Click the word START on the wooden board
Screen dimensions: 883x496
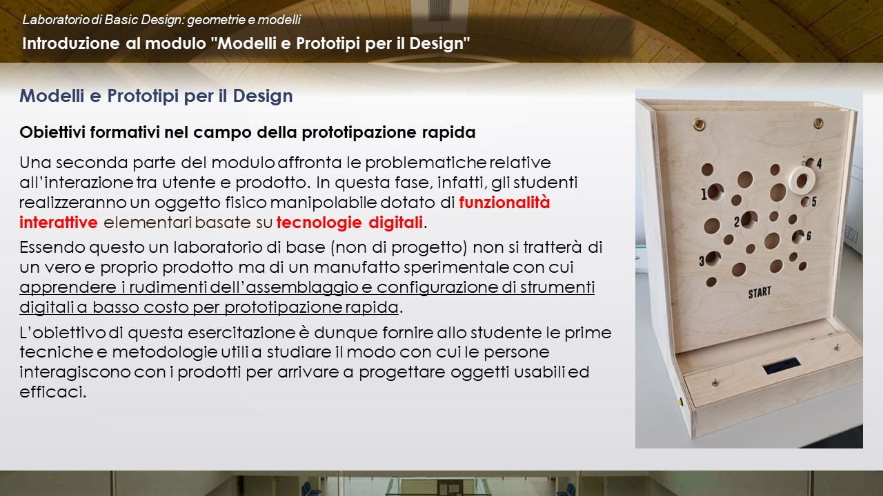click(760, 293)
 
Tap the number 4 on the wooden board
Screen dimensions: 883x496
click(819, 163)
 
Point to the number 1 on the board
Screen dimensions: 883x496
click(704, 194)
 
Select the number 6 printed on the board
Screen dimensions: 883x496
click(809, 236)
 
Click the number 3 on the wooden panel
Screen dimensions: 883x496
click(702, 261)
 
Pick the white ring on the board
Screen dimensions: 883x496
click(802, 180)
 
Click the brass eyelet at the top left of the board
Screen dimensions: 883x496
click(700, 124)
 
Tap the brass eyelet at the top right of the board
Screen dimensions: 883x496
click(818, 123)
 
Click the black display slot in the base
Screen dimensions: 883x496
click(782, 366)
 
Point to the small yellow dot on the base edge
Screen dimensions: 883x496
click(680, 402)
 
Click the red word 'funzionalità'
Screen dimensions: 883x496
click(504, 203)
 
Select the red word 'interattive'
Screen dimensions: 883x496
click(59, 223)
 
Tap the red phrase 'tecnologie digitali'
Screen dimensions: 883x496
click(349, 223)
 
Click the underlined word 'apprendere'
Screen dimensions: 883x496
click(68, 288)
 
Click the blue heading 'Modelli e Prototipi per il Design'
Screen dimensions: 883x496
click(156, 96)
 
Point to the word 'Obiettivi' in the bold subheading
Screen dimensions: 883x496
click(52, 132)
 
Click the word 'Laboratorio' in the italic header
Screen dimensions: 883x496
click(56, 20)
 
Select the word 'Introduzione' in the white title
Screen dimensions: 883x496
click(71, 43)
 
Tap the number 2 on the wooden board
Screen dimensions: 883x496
click(736, 223)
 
